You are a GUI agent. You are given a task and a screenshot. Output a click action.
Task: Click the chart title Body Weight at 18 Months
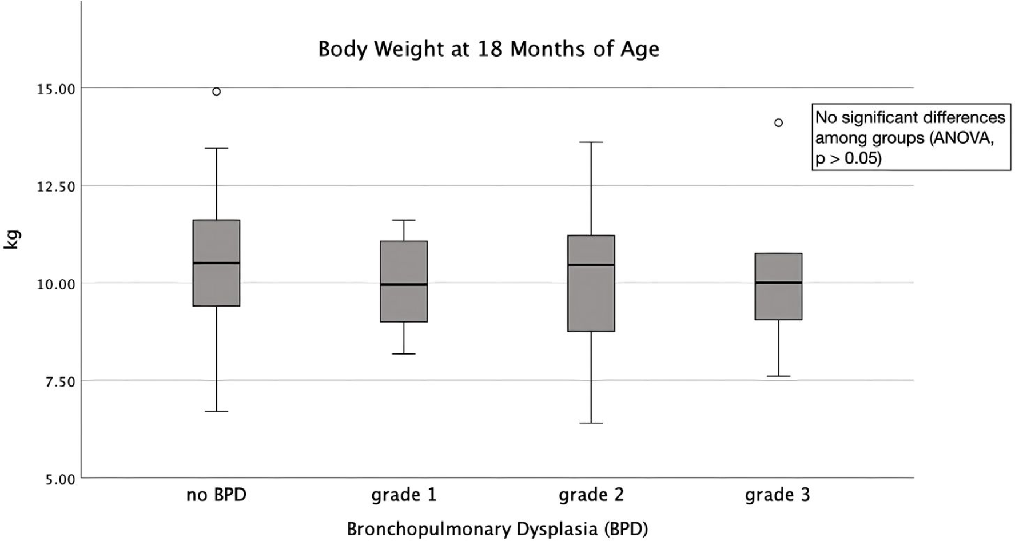coord(488,49)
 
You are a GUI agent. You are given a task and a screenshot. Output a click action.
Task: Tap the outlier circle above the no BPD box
coord(216,92)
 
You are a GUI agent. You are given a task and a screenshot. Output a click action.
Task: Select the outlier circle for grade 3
coord(778,122)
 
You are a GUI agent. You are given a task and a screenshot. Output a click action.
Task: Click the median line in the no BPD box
coord(216,263)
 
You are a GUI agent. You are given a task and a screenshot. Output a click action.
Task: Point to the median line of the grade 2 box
coord(591,265)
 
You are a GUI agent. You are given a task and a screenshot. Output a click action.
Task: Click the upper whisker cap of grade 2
coord(591,142)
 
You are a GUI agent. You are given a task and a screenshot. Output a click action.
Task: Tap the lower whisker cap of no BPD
coord(216,411)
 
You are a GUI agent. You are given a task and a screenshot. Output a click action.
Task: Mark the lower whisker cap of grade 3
coord(778,376)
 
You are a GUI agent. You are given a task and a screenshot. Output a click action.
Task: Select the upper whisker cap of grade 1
coord(404,220)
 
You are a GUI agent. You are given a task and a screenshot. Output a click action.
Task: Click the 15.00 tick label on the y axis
coord(56,90)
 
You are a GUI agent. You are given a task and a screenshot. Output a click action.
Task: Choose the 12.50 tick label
coord(56,187)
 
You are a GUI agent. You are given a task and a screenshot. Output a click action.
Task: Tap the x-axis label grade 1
coord(404,495)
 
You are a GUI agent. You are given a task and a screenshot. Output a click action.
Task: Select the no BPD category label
coord(216,495)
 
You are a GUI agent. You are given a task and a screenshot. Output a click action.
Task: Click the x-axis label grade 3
coord(777,495)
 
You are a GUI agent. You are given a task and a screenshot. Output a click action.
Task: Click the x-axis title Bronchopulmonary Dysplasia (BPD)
coord(497,528)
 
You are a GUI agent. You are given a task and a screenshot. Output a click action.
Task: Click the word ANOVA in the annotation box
coord(961,138)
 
